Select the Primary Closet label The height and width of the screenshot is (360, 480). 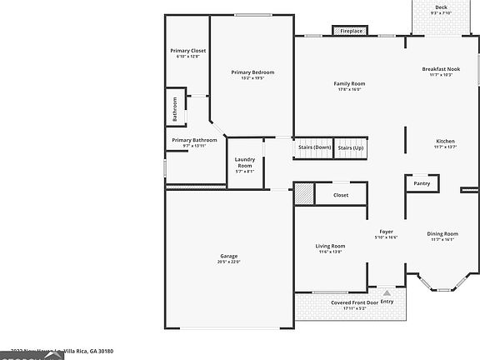coord(187,52)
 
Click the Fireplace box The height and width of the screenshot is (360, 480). coord(350,31)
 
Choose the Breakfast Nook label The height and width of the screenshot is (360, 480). coord(441,71)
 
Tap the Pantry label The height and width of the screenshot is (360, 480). coord(422,183)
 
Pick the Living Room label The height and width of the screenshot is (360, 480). coord(330,247)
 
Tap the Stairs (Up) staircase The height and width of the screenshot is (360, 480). coord(351,147)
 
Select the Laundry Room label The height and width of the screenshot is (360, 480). coord(244,162)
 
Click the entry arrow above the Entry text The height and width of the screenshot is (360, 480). coord(387,292)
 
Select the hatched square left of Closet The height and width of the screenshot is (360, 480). coord(304,193)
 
